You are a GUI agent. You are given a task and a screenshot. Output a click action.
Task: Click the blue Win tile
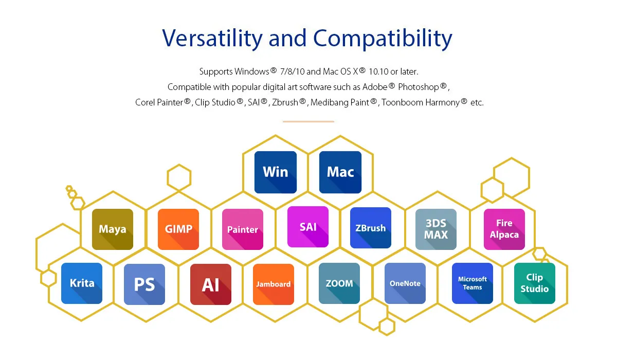(276, 172)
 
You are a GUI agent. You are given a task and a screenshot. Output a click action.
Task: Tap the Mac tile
(340, 172)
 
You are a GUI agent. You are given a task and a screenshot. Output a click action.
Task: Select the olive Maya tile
(113, 229)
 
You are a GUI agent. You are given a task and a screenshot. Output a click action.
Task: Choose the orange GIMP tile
(178, 229)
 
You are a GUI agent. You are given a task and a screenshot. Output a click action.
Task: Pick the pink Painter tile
(242, 229)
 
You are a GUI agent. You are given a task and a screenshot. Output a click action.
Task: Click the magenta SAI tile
(307, 227)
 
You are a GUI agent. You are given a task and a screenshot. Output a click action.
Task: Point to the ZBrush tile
(371, 228)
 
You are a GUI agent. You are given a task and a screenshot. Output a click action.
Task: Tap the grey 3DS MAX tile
(436, 229)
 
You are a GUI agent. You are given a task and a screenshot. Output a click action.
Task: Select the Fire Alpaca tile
(504, 229)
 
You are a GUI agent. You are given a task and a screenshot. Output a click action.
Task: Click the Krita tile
(82, 283)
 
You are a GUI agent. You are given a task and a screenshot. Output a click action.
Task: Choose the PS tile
(144, 284)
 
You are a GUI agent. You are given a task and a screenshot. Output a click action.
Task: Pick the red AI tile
(210, 284)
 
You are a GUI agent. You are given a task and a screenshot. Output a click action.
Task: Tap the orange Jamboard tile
(273, 284)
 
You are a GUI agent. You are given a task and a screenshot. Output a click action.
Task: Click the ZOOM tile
(339, 283)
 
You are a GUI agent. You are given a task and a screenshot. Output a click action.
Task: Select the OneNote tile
(405, 283)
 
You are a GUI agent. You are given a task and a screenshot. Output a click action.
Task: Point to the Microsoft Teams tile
(473, 283)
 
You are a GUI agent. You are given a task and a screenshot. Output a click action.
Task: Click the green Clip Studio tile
(534, 283)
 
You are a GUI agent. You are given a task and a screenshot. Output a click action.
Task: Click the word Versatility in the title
(212, 38)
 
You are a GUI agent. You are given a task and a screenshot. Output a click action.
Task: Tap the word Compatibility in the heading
(383, 39)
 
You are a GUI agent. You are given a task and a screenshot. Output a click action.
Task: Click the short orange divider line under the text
(308, 121)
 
